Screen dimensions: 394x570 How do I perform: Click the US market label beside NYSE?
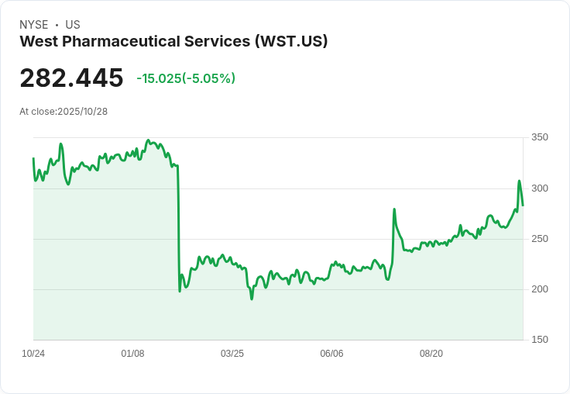coord(73,25)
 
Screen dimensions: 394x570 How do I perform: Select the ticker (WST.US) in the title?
coord(291,42)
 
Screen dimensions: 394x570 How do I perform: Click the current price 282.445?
coord(71,78)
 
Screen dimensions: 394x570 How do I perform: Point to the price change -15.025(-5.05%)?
coord(186,78)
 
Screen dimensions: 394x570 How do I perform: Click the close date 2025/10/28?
coord(82,112)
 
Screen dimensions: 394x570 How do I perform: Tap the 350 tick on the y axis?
coord(540,138)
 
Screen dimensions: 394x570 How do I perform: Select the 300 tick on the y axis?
coord(540,188)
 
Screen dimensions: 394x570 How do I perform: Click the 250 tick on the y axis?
coord(540,239)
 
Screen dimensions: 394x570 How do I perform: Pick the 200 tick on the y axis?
coord(540,289)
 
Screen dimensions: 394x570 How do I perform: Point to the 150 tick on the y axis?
coord(540,340)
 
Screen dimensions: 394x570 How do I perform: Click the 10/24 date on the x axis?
coord(33,354)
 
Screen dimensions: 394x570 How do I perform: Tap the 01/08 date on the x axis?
coord(132,354)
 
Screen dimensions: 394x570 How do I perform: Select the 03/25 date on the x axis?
coord(232,354)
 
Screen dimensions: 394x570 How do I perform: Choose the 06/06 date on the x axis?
coord(331,354)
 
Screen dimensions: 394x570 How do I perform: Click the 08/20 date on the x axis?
coord(431,354)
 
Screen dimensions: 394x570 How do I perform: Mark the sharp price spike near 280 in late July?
coord(394,209)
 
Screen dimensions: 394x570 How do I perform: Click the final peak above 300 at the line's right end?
coord(519,181)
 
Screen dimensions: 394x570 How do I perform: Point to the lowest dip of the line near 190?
coord(252,299)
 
